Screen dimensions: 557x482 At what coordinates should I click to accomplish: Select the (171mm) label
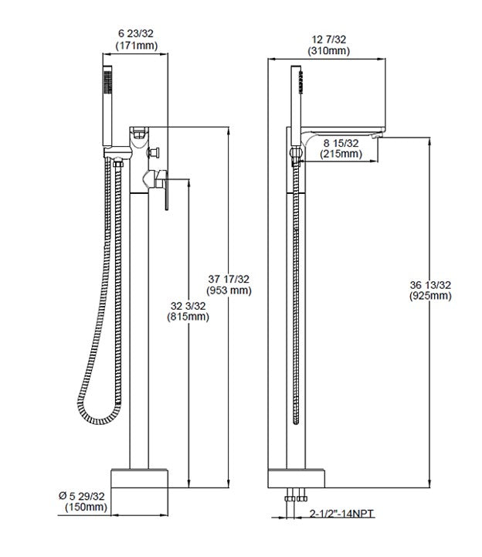tap(136, 46)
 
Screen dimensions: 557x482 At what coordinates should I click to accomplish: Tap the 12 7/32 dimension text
tap(328, 39)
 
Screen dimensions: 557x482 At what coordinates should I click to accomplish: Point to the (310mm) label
tap(328, 51)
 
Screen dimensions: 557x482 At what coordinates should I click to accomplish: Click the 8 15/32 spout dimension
tap(341, 143)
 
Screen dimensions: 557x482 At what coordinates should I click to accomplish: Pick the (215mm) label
tap(341, 155)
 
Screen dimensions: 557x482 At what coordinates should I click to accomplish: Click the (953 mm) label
tap(229, 290)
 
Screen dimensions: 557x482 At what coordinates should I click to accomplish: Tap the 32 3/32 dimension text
tap(188, 305)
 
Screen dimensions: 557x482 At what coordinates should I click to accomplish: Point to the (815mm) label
tap(188, 317)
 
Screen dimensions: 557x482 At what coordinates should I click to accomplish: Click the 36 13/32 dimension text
tap(431, 285)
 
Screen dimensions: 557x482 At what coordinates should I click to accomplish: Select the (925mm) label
tap(431, 297)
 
